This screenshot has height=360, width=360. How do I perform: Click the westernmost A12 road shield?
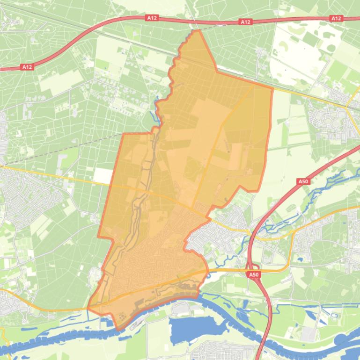pyautogui.click(x=27, y=67)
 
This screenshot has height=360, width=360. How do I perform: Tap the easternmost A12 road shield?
pyautogui.click(x=336, y=18)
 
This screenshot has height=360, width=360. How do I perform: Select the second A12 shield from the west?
pyautogui.click(x=152, y=18)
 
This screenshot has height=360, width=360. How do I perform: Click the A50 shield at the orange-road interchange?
pyautogui.click(x=253, y=275)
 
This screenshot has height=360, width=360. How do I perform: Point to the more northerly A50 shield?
pyautogui.click(x=303, y=181)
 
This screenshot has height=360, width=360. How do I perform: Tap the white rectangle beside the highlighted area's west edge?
pyautogui.click(x=103, y=175)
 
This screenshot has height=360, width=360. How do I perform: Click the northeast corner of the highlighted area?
pyautogui.click(x=272, y=87)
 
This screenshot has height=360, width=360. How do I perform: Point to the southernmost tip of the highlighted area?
pyautogui.click(x=118, y=329)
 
